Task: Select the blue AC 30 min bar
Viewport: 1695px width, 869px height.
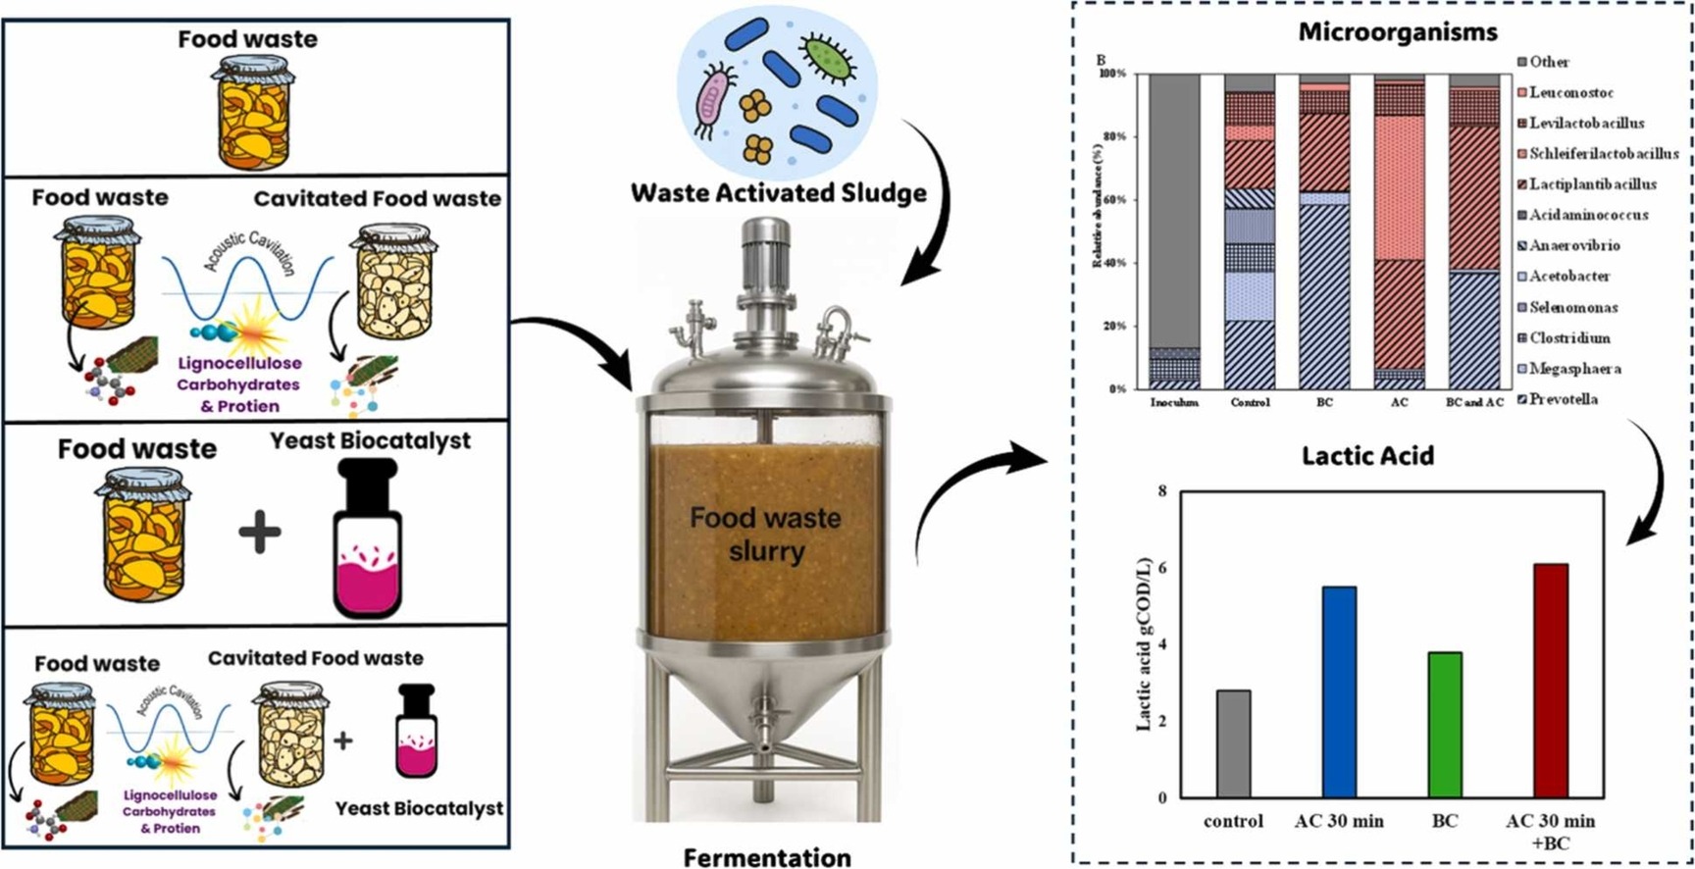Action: coord(1339,691)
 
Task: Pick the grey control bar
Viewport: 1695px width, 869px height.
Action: coord(1233,743)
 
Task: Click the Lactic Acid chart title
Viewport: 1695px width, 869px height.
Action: coord(1367,456)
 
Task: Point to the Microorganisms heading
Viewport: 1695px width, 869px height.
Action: coord(1398,32)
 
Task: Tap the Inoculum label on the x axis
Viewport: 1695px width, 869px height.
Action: coord(1174,403)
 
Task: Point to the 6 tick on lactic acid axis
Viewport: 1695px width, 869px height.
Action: coord(1162,568)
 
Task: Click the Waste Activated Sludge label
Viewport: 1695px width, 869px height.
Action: coord(778,192)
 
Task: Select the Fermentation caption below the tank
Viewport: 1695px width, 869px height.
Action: coord(766,857)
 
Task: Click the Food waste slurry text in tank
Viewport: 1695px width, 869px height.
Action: coord(765,534)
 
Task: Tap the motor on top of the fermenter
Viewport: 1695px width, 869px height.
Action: coord(766,247)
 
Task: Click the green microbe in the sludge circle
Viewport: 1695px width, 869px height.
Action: coord(827,56)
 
